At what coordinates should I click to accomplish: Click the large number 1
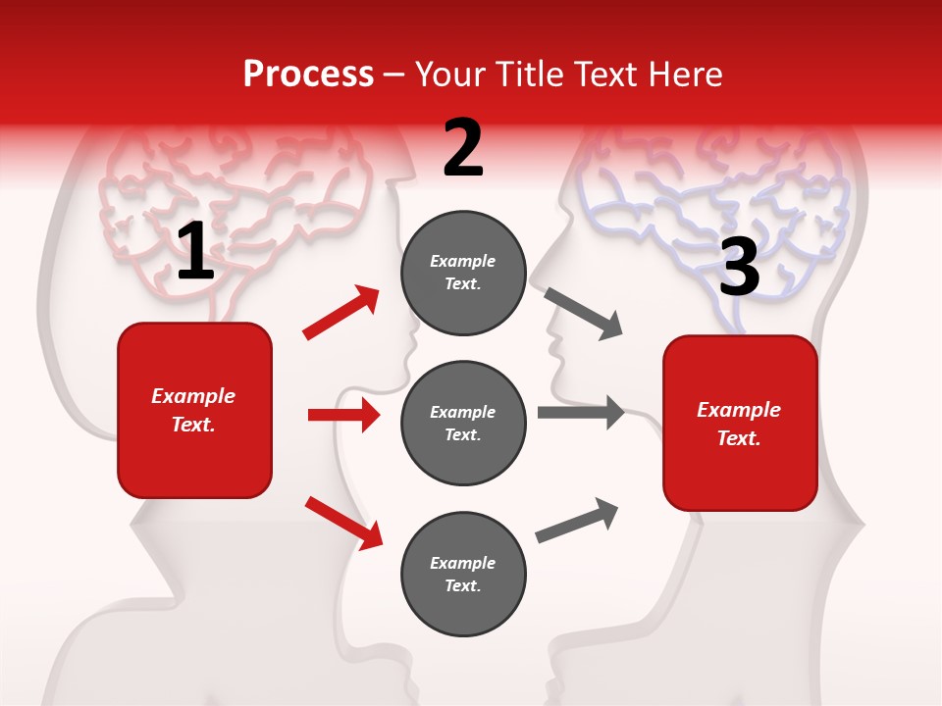coord(196,253)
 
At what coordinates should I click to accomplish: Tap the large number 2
coord(463,148)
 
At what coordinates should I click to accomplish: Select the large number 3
coord(739,268)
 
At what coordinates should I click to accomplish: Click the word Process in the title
coord(308,74)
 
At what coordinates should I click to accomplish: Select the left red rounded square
coord(194,410)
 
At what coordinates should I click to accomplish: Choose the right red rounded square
coord(740,423)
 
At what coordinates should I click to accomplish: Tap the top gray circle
coord(463,273)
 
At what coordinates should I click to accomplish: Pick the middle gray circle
coord(463,423)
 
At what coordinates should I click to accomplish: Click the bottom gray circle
coord(463,574)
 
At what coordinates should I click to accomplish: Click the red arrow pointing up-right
coord(341,313)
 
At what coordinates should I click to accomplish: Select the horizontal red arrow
coord(343,415)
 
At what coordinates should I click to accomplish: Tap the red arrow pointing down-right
coord(343,523)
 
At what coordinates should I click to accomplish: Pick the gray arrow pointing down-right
coord(584,313)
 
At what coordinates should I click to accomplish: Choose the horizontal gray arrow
coord(581,413)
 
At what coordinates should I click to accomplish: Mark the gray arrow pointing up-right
coord(577,521)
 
